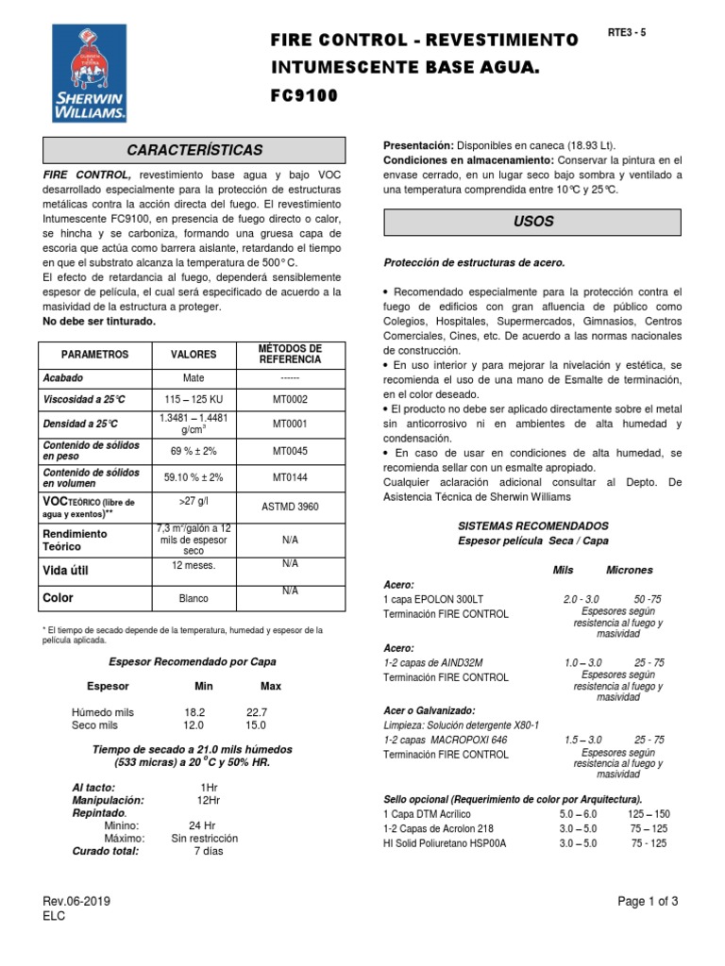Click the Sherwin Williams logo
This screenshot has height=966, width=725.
click(90, 74)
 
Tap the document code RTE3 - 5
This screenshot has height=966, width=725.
click(628, 32)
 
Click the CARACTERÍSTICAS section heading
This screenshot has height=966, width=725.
click(195, 150)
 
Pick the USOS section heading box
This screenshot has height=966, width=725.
click(533, 222)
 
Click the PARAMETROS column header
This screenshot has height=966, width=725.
click(93, 355)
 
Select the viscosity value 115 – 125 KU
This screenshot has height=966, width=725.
click(193, 400)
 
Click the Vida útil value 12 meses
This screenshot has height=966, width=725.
click(193, 565)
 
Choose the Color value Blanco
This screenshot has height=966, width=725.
click(193, 598)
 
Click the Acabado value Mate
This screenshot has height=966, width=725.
click(193, 377)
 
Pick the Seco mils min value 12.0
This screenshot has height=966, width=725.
click(194, 724)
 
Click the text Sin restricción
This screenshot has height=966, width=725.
click(204, 838)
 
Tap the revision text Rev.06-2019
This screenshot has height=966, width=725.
click(76, 901)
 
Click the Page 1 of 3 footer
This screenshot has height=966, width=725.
click(648, 901)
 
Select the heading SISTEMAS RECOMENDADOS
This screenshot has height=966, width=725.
click(532, 525)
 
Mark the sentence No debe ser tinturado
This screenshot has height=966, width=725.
click(99, 322)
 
